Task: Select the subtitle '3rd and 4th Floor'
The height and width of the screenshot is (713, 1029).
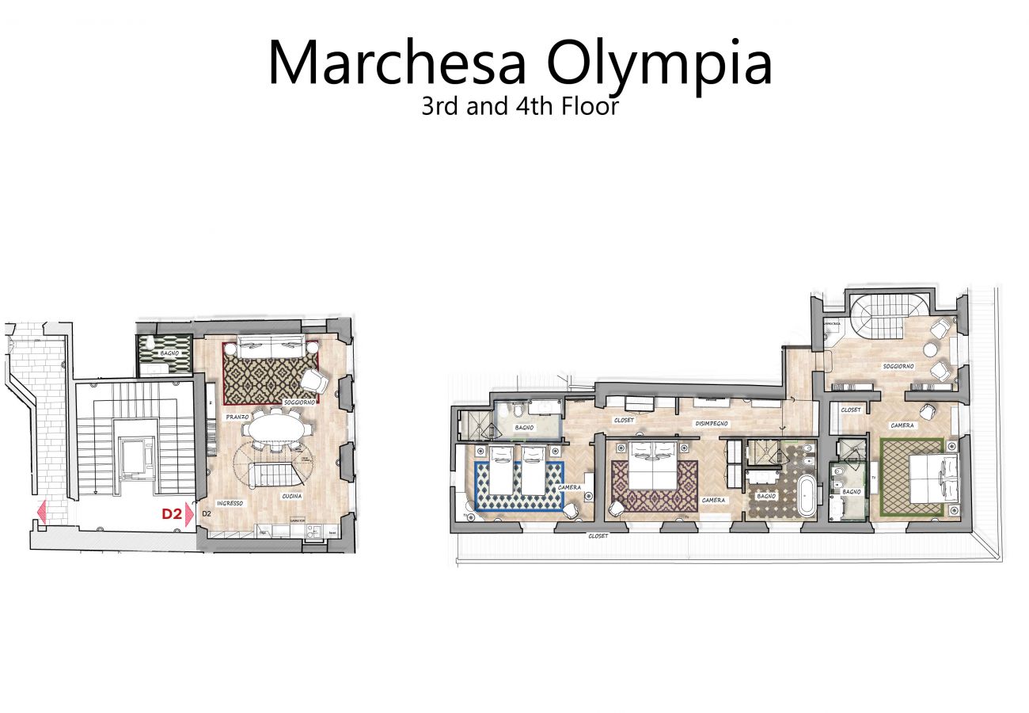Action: [519, 106]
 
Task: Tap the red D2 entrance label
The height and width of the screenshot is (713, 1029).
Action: [172, 514]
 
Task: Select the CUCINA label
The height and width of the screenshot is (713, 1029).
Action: [290, 496]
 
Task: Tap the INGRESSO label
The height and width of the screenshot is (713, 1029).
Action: [230, 503]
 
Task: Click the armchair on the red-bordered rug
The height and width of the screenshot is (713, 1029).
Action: [313, 381]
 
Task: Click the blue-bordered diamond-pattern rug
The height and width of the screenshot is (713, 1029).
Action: [518, 487]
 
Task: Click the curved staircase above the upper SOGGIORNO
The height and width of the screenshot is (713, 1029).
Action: [876, 312]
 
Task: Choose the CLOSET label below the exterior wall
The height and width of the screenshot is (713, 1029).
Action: [598, 536]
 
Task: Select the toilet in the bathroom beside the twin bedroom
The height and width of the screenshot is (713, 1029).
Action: [516, 413]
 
